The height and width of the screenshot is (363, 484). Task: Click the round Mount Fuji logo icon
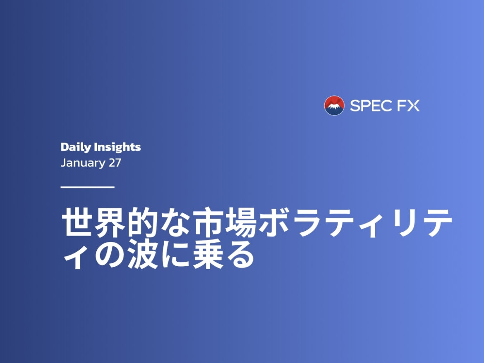[x=334, y=105]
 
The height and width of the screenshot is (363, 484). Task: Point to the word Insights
[x=117, y=147]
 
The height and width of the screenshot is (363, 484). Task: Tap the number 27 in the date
[x=115, y=162]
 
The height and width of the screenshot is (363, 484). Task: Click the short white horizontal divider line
[x=87, y=187]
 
